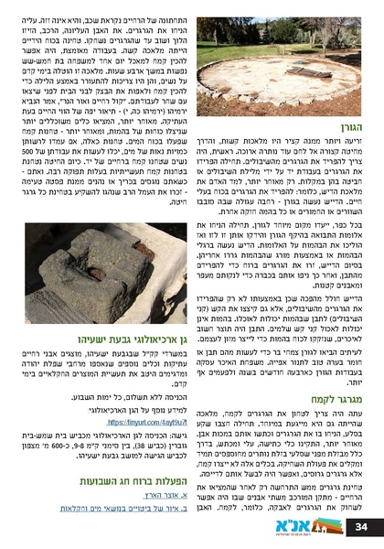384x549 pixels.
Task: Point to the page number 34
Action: [360, 527]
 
